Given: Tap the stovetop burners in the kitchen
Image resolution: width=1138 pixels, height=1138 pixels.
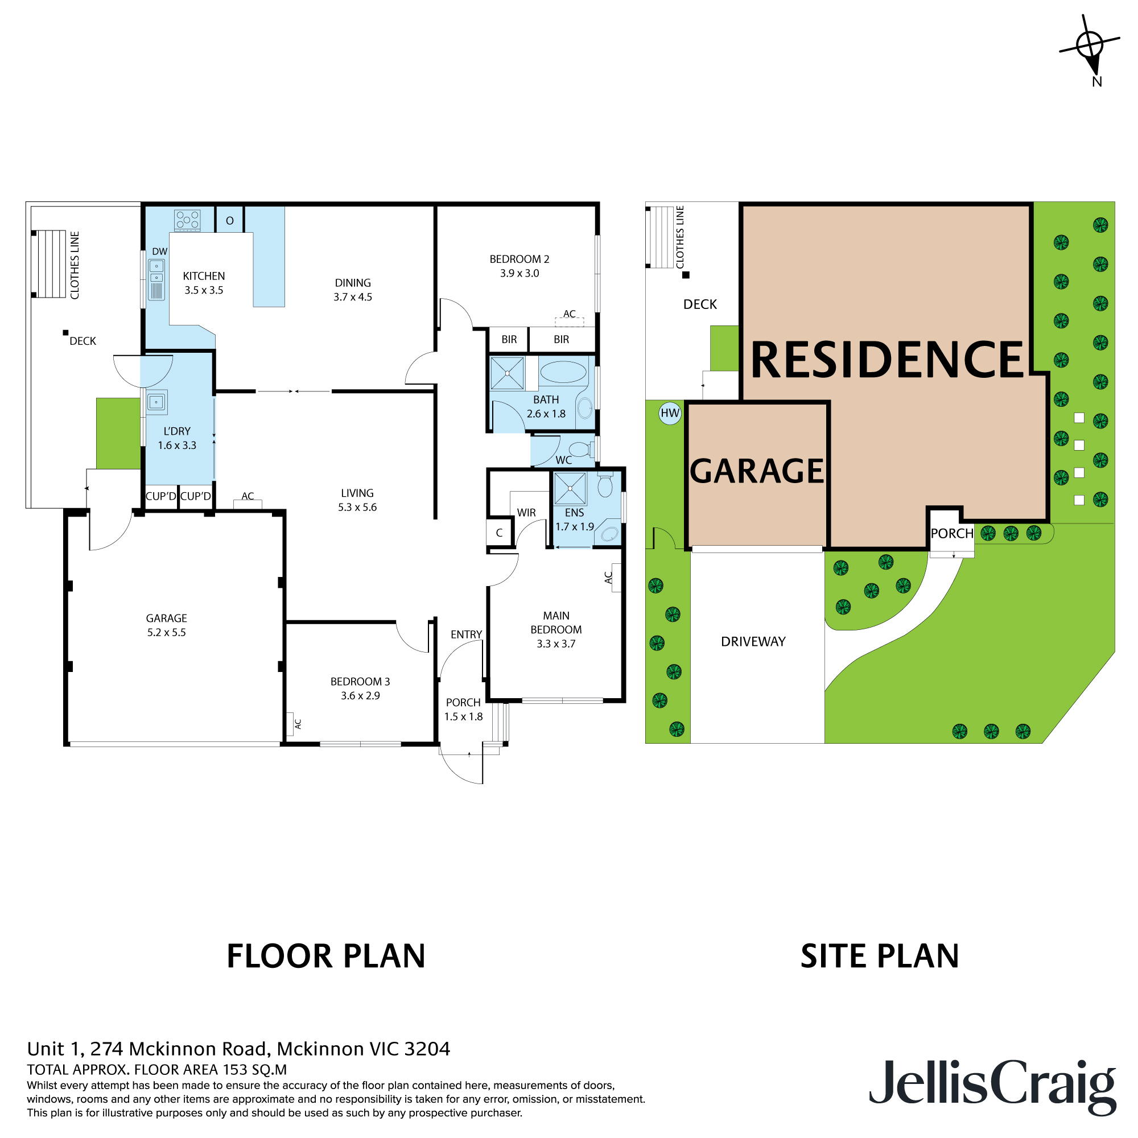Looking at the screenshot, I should pos(187,220).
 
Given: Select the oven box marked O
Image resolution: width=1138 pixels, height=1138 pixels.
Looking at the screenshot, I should pos(230,220).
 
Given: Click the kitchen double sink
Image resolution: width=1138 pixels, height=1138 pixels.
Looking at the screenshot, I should pos(156,279).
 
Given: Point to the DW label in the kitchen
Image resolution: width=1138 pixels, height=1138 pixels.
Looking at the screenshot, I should pos(160,251).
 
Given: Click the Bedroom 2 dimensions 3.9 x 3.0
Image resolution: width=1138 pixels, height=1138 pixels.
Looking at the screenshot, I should pos(519,273).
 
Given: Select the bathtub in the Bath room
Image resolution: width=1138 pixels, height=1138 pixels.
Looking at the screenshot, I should pos(563,372).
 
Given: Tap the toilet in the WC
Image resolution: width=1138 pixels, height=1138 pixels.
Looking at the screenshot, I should pos(582,450).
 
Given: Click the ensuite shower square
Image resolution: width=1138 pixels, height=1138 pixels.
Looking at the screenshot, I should pos(570,488).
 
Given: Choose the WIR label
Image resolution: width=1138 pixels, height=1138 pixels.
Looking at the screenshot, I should pos(526,513).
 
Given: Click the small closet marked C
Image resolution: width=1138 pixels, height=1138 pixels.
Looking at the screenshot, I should pos(499,533).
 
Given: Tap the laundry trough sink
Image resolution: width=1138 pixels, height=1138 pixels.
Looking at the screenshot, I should pos(156,402).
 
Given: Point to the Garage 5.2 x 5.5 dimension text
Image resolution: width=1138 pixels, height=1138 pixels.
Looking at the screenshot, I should pos(166,633).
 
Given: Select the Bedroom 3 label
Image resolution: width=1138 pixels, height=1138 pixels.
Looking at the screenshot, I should pos(360,682).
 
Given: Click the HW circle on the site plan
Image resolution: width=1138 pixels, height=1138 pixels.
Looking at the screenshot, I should pos(670,413).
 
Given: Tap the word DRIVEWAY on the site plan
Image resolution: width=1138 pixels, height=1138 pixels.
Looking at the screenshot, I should pos(753,641).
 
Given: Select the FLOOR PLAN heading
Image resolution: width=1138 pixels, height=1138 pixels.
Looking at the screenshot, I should pos(325,956).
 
